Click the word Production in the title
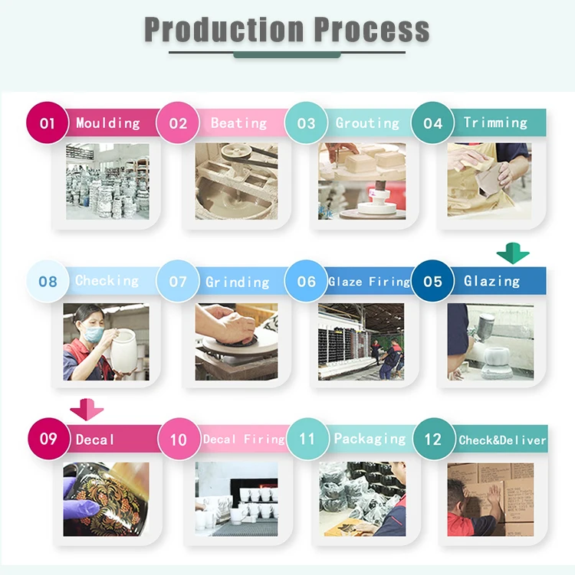click(225, 30)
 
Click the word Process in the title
click(372, 30)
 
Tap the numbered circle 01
click(48, 123)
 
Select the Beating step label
click(238, 123)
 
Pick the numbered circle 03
click(306, 123)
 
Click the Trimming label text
click(495, 123)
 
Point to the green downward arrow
click(513, 253)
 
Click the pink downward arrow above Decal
click(87, 410)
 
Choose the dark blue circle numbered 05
click(432, 281)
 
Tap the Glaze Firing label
click(369, 282)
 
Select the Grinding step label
click(237, 282)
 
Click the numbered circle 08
click(48, 281)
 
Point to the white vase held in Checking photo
click(125, 351)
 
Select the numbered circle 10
click(179, 439)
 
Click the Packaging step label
click(370, 439)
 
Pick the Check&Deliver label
click(502, 439)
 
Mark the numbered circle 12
click(433, 439)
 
